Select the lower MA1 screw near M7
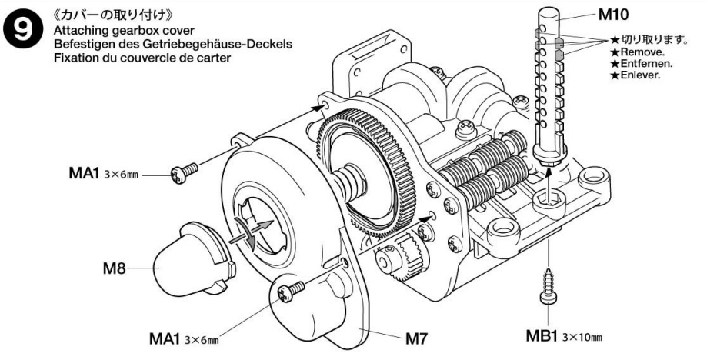[291, 290]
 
